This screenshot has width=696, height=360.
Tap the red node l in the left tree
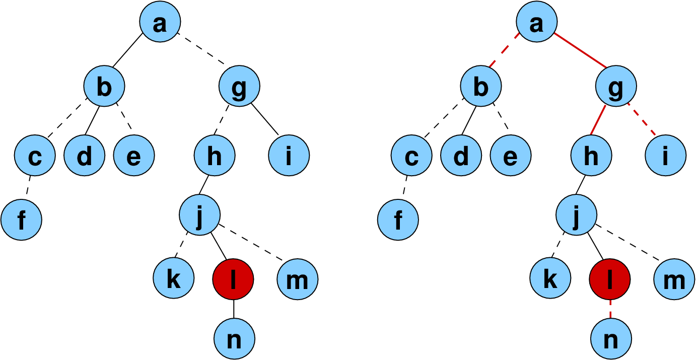233,279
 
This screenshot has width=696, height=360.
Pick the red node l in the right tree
609,279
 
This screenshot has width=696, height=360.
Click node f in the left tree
21,220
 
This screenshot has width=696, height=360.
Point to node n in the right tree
610,338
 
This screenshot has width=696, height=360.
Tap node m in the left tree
297,279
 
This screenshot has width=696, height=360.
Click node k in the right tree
550,279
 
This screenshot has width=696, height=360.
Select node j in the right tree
576,215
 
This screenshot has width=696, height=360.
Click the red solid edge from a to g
580,49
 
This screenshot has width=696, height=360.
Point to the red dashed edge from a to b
505,51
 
